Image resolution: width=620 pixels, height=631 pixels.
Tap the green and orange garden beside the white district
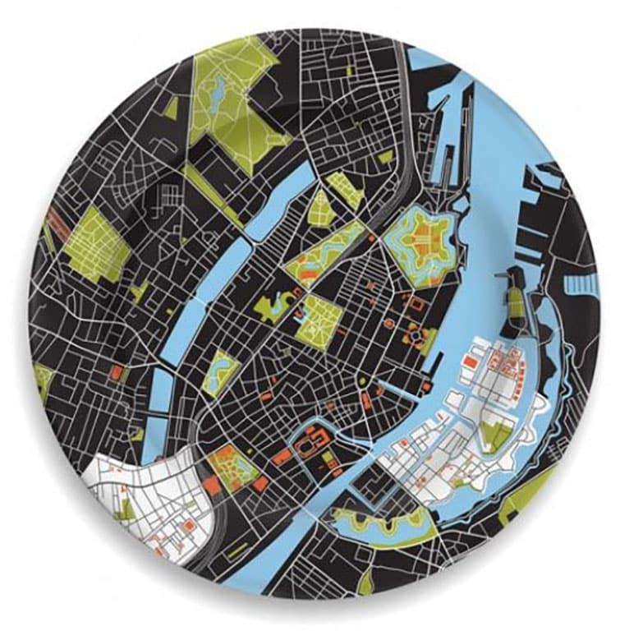[231, 469]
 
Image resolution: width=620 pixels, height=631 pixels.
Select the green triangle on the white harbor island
[494, 432]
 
